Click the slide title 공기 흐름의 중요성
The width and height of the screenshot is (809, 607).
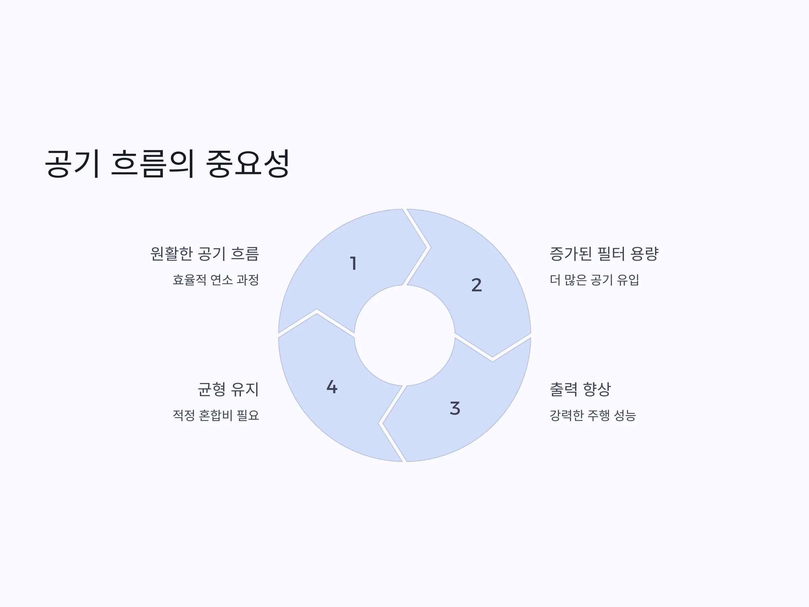click(x=167, y=164)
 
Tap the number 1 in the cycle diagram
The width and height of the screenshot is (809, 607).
click(x=353, y=263)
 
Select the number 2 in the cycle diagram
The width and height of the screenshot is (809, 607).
click(x=477, y=285)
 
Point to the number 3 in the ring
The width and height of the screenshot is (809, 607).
click(x=455, y=408)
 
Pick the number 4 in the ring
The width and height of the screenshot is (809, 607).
click(x=332, y=387)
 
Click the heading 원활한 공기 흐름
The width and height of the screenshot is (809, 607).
click(x=205, y=254)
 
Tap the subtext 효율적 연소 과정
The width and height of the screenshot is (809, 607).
click(x=216, y=280)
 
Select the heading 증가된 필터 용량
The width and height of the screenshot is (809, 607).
click(x=604, y=254)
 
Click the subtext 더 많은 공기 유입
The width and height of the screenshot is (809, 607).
click(x=594, y=280)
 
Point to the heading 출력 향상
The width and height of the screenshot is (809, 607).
click(x=580, y=389)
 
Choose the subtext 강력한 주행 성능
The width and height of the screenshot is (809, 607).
click(x=593, y=415)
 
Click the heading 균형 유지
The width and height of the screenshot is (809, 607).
click(x=229, y=389)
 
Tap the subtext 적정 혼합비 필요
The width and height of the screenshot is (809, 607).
click(x=216, y=415)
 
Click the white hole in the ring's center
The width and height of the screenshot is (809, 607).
click(x=404, y=335)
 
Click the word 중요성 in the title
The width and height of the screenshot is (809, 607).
click(x=248, y=164)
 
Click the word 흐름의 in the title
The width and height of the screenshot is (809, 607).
click(x=152, y=164)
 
